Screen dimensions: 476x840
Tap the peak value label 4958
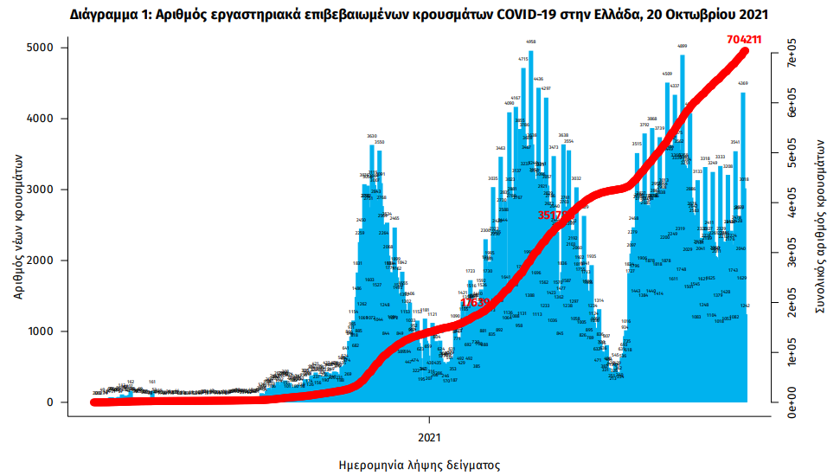coord(530,42)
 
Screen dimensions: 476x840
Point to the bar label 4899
coord(683,46)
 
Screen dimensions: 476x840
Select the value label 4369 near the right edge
coord(743,83)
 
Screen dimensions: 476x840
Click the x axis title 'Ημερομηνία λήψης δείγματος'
coord(420,465)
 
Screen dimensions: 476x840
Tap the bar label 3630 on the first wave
coord(372,137)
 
